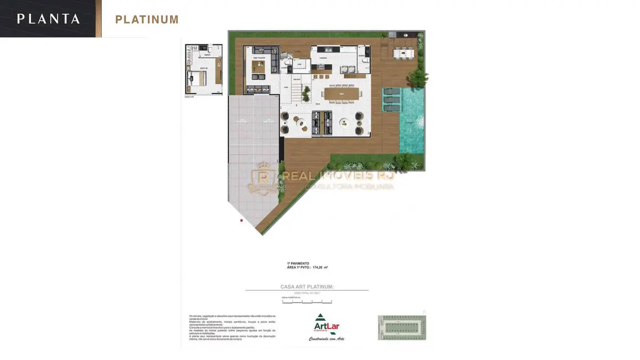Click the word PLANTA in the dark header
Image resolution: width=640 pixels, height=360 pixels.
(x=48, y=19)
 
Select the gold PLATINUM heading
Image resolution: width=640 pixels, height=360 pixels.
(x=147, y=20)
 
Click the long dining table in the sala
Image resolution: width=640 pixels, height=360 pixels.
(x=341, y=95)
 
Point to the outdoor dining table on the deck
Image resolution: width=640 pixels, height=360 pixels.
(x=404, y=53)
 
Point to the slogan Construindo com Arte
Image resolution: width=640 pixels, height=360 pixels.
(x=326, y=338)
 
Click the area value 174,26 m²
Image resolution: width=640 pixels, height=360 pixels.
(x=320, y=268)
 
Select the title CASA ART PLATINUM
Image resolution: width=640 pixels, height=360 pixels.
(x=307, y=287)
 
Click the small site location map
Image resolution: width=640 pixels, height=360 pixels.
(x=402, y=327)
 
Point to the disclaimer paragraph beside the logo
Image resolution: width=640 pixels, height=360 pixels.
(x=232, y=326)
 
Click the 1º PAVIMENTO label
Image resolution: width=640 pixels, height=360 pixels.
(x=298, y=263)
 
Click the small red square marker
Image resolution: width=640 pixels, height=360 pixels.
(x=241, y=220)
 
